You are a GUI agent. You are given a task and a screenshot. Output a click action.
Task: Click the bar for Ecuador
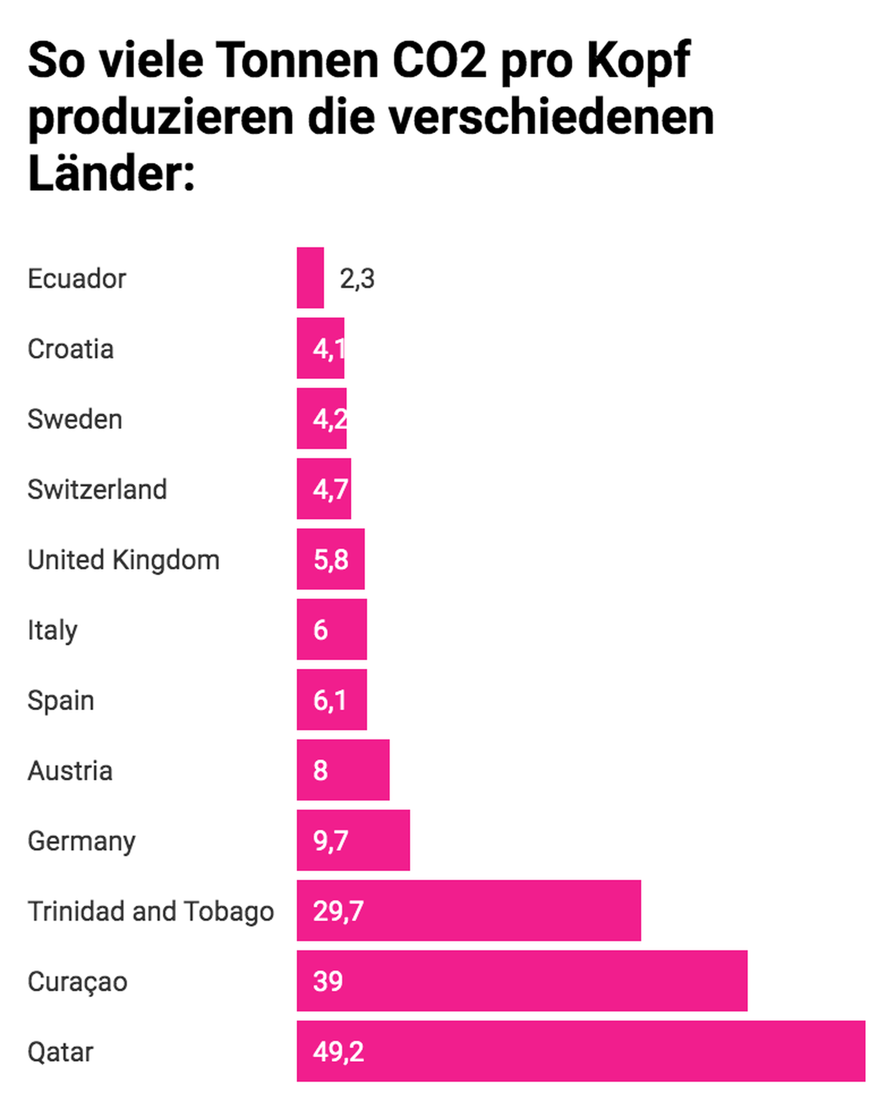310,278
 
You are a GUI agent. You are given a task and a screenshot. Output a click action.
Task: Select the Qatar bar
580,1051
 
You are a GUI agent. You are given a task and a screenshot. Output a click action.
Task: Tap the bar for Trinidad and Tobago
468,910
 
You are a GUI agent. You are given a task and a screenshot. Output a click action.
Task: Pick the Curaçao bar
522,981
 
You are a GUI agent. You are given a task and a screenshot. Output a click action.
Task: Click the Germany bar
353,840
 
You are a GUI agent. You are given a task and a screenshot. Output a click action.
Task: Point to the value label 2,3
357,279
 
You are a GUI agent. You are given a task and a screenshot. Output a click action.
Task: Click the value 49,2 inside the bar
338,1051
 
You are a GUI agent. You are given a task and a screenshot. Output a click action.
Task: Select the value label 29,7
338,911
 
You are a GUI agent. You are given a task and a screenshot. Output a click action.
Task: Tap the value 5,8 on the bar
331,560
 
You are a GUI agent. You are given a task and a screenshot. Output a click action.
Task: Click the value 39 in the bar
327,981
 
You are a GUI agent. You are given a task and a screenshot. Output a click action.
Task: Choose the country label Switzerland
97,489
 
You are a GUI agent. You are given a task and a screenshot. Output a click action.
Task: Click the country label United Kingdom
124,560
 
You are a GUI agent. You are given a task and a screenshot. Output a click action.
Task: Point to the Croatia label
71,349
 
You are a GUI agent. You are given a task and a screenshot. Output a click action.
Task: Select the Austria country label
70,771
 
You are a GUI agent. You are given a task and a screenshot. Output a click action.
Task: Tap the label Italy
52,630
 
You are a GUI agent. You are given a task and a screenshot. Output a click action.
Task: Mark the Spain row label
61,700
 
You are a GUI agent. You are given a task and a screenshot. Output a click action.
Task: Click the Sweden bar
322,419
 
